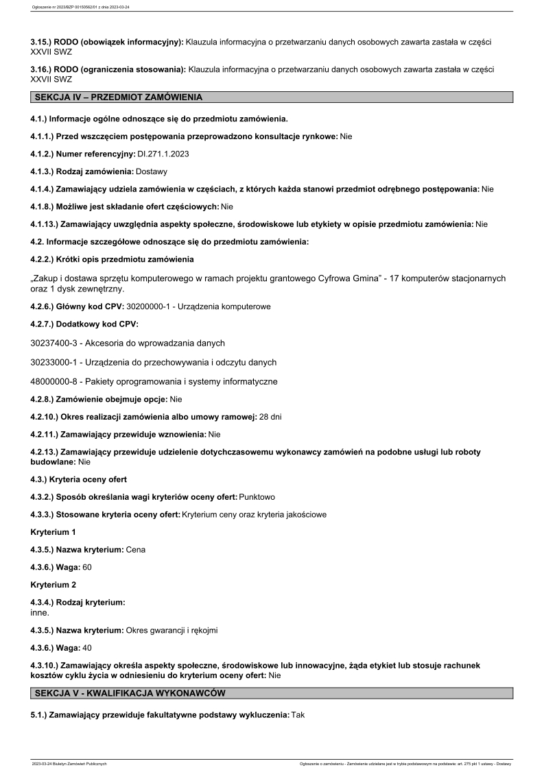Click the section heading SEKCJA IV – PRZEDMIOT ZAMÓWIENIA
click(x=119, y=97)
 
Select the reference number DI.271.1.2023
click(x=163, y=154)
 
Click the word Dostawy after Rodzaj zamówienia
click(x=152, y=171)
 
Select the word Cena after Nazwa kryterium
click(x=136, y=549)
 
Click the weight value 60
click(x=87, y=567)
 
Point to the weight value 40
click(x=87, y=647)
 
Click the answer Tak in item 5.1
click(x=298, y=714)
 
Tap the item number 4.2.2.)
click(x=45, y=259)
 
